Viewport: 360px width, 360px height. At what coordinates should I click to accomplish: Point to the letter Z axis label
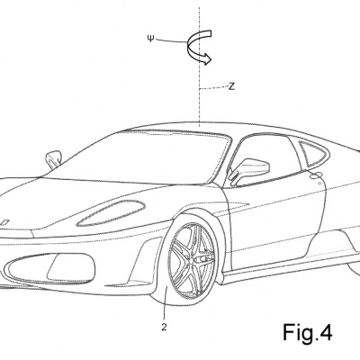click(231, 86)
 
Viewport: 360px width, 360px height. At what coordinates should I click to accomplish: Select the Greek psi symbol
click(150, 39)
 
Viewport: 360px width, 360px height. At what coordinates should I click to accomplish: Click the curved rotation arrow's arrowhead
click(207, 58)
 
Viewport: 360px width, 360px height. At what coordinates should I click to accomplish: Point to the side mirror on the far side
click(53, 157)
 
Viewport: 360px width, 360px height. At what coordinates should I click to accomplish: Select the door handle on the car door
click(317, 175)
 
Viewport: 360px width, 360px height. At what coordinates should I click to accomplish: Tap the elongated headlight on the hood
click(112, 212)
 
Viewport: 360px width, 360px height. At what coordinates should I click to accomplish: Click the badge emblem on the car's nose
click(5, 222)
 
